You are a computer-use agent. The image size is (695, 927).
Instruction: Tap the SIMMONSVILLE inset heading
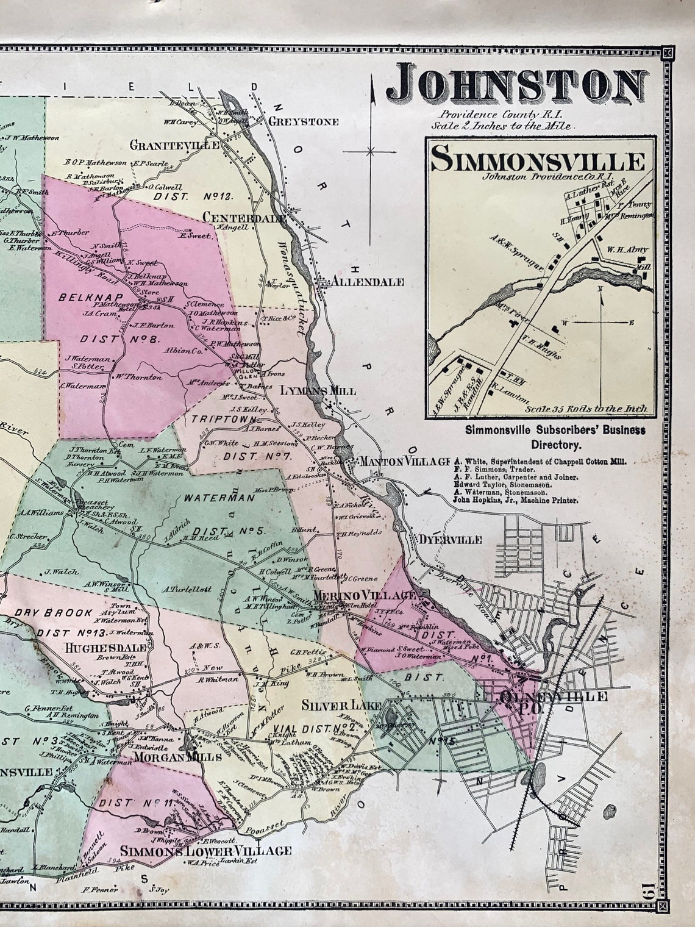537,162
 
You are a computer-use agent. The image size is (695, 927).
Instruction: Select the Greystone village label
303,122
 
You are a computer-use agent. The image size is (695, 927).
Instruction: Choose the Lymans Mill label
318,391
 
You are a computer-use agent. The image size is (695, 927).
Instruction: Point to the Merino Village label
364,595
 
